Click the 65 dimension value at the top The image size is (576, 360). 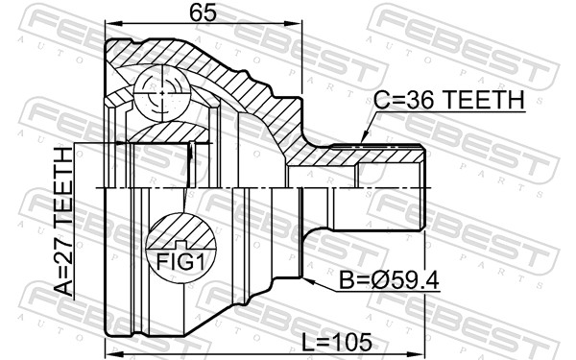[202, 12]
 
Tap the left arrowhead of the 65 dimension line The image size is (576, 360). [108, 26]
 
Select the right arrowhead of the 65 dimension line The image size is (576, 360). [298, 26]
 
